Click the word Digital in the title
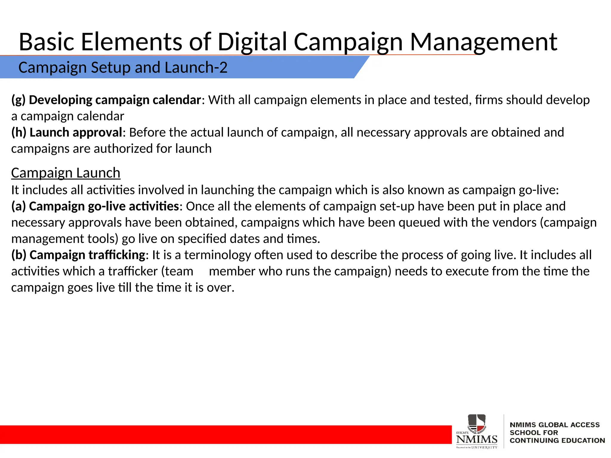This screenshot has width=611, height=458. pos(252,42)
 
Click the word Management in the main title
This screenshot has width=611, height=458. pos(483,42)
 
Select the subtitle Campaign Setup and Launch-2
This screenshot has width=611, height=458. pos(123,67)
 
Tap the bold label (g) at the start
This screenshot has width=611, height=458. pos(18,100)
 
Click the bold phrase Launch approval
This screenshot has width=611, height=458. pos(76,132)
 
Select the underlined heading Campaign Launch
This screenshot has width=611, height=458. pos(66,173)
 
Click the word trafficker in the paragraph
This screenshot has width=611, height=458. pos(133,271)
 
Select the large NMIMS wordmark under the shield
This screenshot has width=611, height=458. pos(477,439)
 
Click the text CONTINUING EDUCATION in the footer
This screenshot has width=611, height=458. pos(557,440)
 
